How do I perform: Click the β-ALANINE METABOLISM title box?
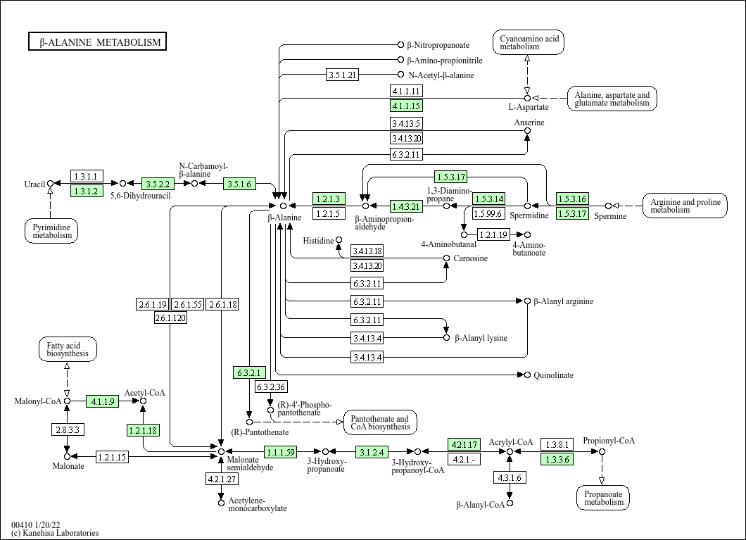coord(98,42)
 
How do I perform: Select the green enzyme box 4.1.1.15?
coord(406,106)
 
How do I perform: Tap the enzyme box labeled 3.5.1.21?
coord(343,75)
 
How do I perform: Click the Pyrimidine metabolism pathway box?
coord(52,230)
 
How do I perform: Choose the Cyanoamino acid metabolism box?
coord(529,42)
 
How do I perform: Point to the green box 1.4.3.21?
coord(406,206)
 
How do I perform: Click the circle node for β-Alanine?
coord(284,206)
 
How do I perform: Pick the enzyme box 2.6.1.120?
coord(170,318)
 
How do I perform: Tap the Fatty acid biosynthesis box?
coord(68,349)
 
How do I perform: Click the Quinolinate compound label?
coord(553,375)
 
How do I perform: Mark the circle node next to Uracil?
coord(50,184)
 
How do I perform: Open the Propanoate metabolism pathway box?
coord(603,497)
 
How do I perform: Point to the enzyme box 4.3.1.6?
coord(509,477)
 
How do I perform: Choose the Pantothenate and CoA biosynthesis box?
coord(379,422)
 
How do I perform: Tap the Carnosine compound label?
coord(470,258)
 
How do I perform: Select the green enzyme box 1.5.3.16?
coord(572,199)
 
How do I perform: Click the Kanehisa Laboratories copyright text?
coord(55,533)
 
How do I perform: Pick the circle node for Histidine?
coord(339,241)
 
